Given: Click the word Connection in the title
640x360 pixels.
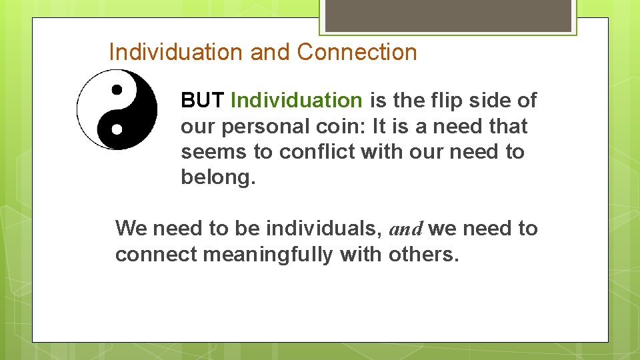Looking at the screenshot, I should coord(357,52).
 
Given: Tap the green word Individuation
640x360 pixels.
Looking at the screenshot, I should coord(296,101).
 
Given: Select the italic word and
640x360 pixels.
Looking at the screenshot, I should coord(405,229).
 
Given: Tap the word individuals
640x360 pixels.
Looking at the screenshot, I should coord(323,229).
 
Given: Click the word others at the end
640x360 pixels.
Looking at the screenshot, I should coord(425,254).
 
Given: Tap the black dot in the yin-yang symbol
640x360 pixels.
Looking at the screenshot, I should coord(117,88).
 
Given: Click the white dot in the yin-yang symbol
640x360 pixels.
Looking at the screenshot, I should coord(117,127).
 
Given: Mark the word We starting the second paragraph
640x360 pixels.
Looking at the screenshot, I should coord(131,229).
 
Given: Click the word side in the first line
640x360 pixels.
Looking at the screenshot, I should coord(494,101).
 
